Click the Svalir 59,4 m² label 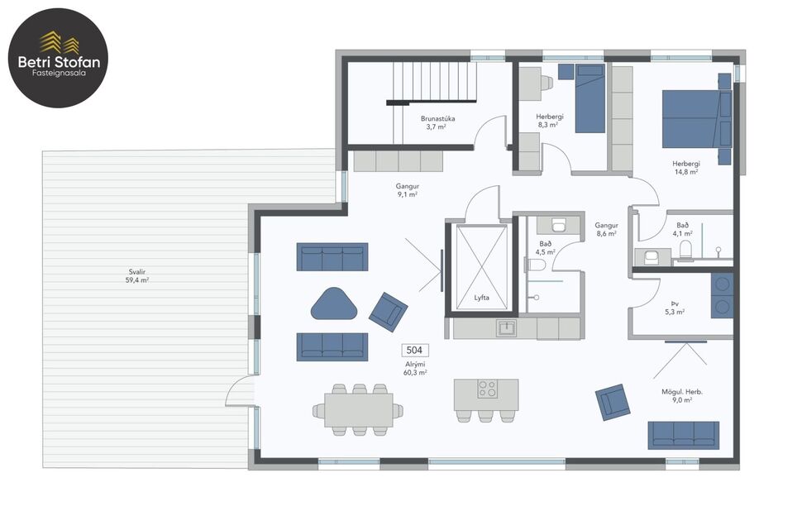[x=136, y=275]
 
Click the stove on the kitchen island [x=486, y=388]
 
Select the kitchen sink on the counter [x=507, y=328]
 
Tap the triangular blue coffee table [x=334, y=303]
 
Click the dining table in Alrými [x=358, y=409]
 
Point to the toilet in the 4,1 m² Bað [x=685, y=250]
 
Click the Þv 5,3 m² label [x=675, y=308]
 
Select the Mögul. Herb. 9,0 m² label [x=682, y=395]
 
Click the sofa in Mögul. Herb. [x=683, y=435]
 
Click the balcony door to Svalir [x=240, y=392]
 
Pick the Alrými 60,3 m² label [x=414, y=369]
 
